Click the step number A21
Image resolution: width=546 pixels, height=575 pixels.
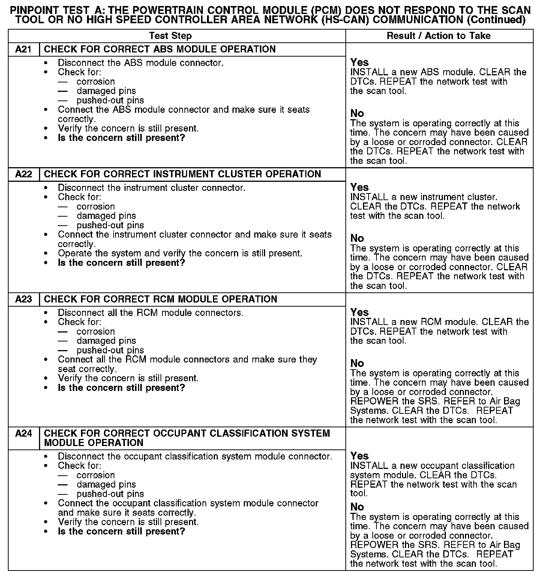pyautogui.click(x=23, y=49)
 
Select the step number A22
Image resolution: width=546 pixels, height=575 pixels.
pyautogui.click(x=23, y=174)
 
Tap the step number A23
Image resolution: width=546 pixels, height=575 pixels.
pyautogui.click(x=23, y=299)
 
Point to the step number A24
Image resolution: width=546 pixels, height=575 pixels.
pyautogui.click(x=23, y=434)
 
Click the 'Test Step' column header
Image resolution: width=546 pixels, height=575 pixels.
pyautogui.click(x=170, y=36)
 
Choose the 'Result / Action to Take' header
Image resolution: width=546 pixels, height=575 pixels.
pyautogui.click(x=438, y=36)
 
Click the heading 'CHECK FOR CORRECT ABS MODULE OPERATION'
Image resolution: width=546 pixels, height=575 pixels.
pyautogui.click(x=160, y=49)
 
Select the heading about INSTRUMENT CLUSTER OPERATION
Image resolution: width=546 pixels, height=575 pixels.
pyautogui.click(x=182, y=174)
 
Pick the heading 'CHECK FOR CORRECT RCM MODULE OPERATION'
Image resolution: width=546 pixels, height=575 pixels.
pyautogui.click(x=160, y=299)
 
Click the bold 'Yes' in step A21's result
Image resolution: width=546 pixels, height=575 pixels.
pyautogui.click(x=359, y=62)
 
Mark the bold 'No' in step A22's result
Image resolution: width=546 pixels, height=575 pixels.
pyautogui.click(x=357, y=238)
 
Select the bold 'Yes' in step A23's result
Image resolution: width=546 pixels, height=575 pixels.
pyautogui.click(x=359, y=312)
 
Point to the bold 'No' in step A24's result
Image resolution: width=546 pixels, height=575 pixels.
pyautogui.click(x=357, y=507)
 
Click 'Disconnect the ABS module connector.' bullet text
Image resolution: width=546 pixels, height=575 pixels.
pyautogui.click(x=141, y=63)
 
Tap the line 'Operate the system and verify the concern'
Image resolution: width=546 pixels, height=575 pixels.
pyautogui.click(x=180, y=253)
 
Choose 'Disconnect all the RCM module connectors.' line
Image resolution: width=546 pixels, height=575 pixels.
pyautogui.click(x=150, y=313)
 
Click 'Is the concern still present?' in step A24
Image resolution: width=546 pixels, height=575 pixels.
pyautogui.click(x=121, y=532)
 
